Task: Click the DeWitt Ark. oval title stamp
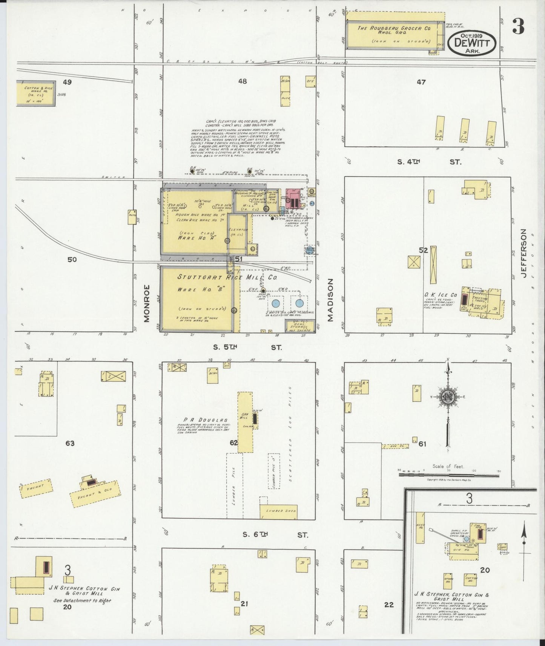(x=472, y=43)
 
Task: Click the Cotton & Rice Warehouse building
(x=35, y=93)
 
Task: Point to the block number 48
(x=243, y=81)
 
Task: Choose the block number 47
(x=421, y=82)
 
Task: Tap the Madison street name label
(x=331, y=300)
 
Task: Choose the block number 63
(x=70, y=443)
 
